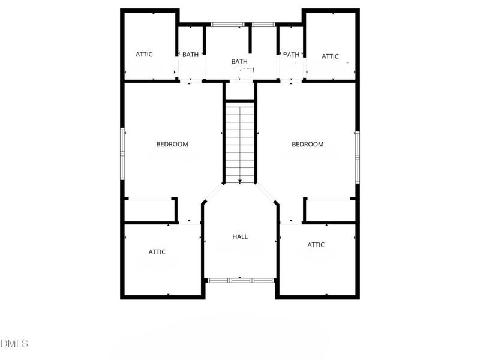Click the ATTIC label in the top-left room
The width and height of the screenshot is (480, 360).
(x=144, y=54)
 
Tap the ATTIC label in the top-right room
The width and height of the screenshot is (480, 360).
(x=330, y=56)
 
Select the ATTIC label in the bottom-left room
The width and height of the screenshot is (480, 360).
(x=157, y=252)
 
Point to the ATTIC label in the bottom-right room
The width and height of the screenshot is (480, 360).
(x=316, y=245)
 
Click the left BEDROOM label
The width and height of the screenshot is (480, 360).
(x=172, y=144)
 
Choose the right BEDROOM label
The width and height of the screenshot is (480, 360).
(x=308, y=144)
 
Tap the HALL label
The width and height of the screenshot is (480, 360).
(x=240, y=236)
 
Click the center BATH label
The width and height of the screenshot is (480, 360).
(x=239, y=61)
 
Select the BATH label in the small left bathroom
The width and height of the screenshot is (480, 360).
(x=191, y=55)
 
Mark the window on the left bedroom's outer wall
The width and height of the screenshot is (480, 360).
(x=122, y=153)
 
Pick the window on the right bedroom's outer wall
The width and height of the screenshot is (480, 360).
(x=357, y=157)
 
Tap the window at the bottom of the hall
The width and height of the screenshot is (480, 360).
(x=240, y=280)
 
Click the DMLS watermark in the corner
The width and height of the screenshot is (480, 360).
(x=14, y=344)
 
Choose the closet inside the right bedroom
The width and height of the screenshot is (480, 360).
(x=331, y=211)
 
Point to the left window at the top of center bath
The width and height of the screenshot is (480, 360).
(x=228, y=25)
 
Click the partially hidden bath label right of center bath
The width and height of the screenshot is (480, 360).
(x=291, y=55)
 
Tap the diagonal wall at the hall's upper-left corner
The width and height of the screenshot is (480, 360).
(x=214, y=193)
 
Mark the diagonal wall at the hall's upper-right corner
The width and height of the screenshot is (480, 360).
(x=266, y=193)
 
